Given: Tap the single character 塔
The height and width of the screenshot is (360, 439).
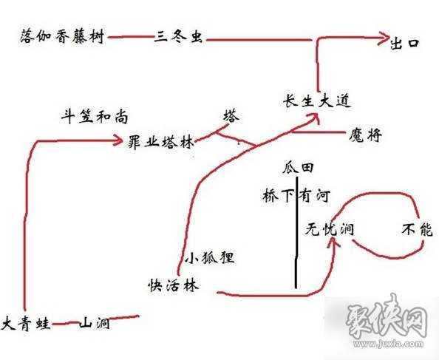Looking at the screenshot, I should click(231, 116).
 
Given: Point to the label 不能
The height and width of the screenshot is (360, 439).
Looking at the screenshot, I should click(415, 229).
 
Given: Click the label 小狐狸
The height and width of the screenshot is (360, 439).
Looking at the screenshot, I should click(209, 258).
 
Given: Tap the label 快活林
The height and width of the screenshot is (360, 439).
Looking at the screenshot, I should click(172, 286).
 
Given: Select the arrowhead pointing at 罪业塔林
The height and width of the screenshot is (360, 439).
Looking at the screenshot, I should click(120, 139).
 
